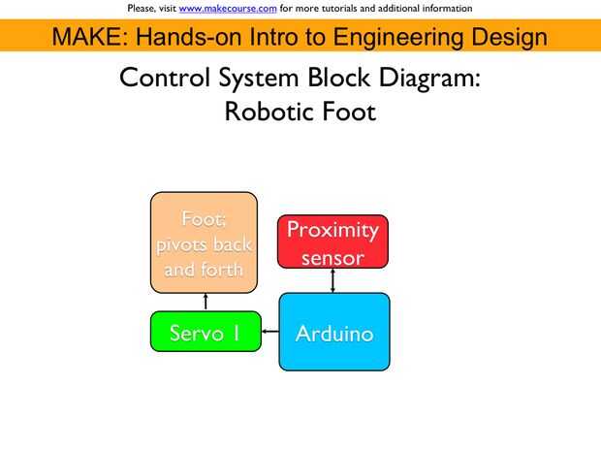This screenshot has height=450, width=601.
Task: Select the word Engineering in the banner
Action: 395,38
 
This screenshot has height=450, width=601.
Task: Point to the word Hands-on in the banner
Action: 191,38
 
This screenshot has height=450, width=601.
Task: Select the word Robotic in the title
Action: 268,112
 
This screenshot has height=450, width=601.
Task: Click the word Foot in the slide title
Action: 349,112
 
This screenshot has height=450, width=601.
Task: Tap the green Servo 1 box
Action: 206,333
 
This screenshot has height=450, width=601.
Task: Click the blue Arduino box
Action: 333,333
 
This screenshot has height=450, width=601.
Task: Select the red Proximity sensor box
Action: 332,241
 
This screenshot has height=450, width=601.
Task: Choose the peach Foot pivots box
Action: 204,242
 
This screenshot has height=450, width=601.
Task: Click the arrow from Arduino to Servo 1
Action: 270,333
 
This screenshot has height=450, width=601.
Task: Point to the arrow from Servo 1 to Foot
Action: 205,302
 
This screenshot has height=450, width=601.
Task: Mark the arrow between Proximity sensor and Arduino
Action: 333,279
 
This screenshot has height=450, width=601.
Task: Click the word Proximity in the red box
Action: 332,230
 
